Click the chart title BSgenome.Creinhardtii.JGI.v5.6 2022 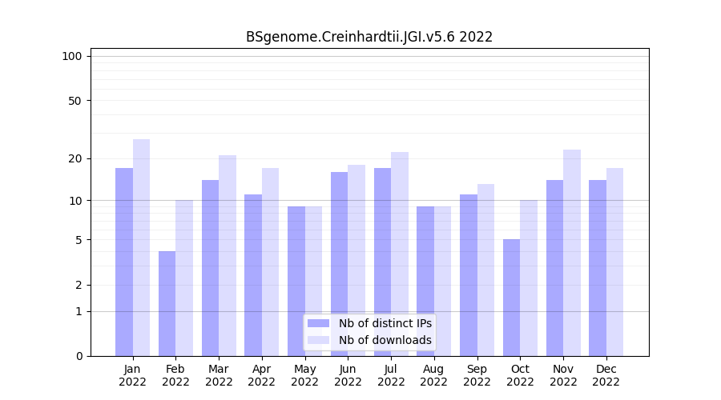pyautogui.click(x=369, y=37)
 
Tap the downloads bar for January pyautogui.click(x=142, y=247)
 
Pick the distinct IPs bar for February pyautogui.click(x=167, y=303)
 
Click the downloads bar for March pyautogui.click(x=228, y=255)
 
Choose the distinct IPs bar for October pyautogui.click(x=512, y=298)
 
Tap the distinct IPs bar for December pyautogui.click(x=598, y=268)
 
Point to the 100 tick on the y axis pyautogui.click(x=72, y=56)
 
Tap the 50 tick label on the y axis pyautogui.click(x=75, y=101)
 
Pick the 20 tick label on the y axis pyautogui.click(x=75, y=158)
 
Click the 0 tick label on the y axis pyautogui.click(x=79, y=356)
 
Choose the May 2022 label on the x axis pyautogui.click(x=305, y=375)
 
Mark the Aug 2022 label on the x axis pyautogui.click(x=434, y=375)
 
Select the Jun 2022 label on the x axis pyautogui.click(x=348, y=375)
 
